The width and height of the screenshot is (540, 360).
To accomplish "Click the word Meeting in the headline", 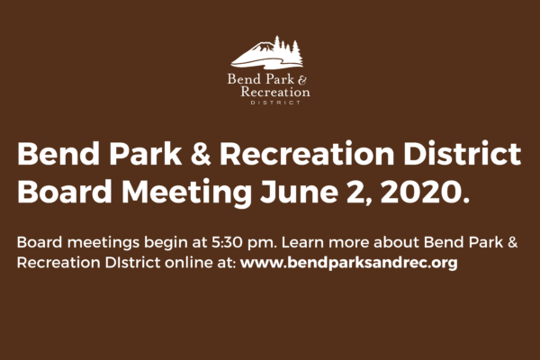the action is (x=186, y=193).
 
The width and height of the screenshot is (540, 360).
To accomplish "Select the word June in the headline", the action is (x=299, y=192).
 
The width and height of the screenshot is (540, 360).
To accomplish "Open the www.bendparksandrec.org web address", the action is (x=349, y=263).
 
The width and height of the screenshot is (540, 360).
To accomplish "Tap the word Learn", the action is (x=302, y=242).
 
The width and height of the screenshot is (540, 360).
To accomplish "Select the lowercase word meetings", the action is (x=103, y=243).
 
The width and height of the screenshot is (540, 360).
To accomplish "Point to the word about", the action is (x=396, y=242).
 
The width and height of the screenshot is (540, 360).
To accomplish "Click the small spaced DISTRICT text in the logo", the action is (x=275, y=103).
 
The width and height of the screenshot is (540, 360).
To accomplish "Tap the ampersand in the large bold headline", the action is (x=201, y=154).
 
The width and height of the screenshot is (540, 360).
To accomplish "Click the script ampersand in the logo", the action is (x=302, y=80).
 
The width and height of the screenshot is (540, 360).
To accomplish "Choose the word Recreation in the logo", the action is (x=275, y=92).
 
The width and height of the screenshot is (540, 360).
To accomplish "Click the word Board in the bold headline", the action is (x=65, y=192).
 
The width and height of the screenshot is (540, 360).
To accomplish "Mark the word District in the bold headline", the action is (x=463, y=154).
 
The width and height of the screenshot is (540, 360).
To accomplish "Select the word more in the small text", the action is (x=348, y=243).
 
